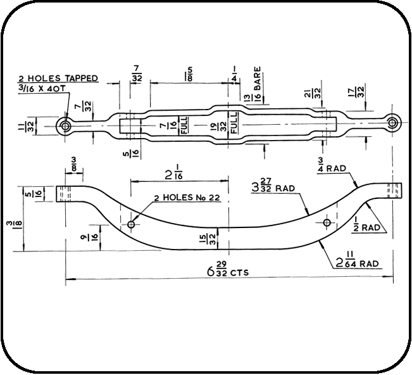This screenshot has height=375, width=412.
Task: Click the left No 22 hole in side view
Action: [131, 224]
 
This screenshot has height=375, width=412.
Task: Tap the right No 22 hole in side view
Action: [327, 222]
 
